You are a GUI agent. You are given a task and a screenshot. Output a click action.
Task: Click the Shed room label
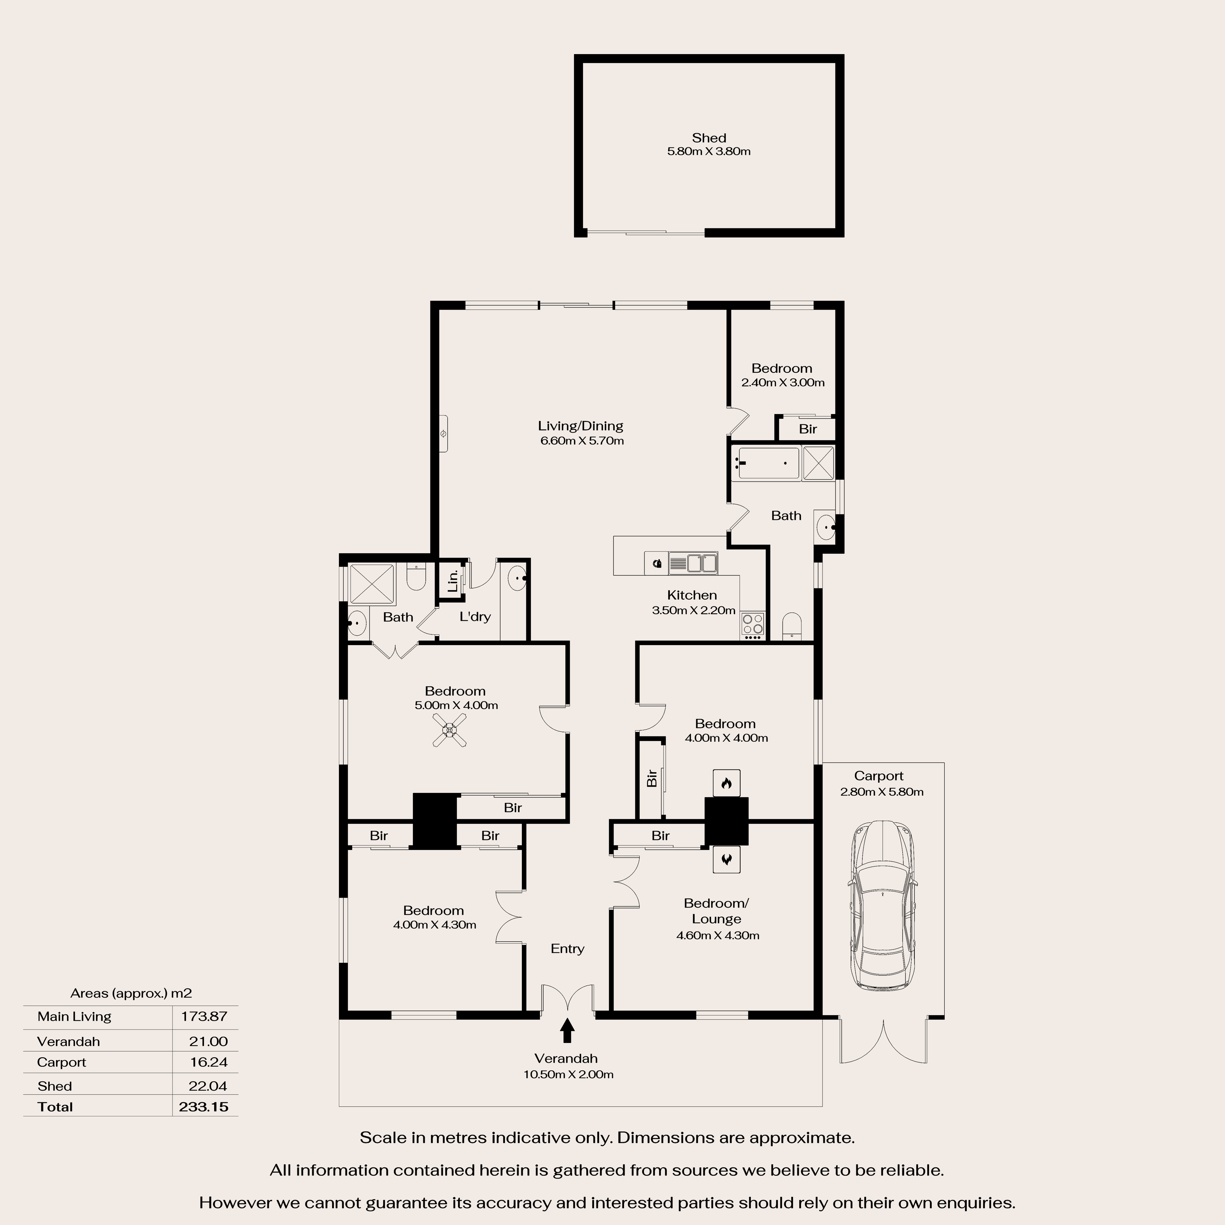click(x=708, y=138)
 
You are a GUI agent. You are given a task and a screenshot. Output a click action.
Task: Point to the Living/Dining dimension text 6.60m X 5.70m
click(x=581, y=441)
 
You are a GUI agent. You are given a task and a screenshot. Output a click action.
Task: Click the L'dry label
click(x=475, y=616)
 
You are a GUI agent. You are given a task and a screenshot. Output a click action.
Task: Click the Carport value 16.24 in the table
click(x=209, y=1062)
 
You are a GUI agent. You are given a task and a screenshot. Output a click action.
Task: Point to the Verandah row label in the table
click(x=68, y=1041)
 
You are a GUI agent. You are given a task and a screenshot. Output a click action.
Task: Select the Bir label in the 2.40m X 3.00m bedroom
click(x=807, y=429)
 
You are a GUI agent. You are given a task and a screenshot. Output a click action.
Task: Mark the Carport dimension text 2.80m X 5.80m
click(x=881, y=792)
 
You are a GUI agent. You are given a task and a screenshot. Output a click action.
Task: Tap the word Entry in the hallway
click(x=567, y=949)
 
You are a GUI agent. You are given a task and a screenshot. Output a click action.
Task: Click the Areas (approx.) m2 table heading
click(x=131, y=993)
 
